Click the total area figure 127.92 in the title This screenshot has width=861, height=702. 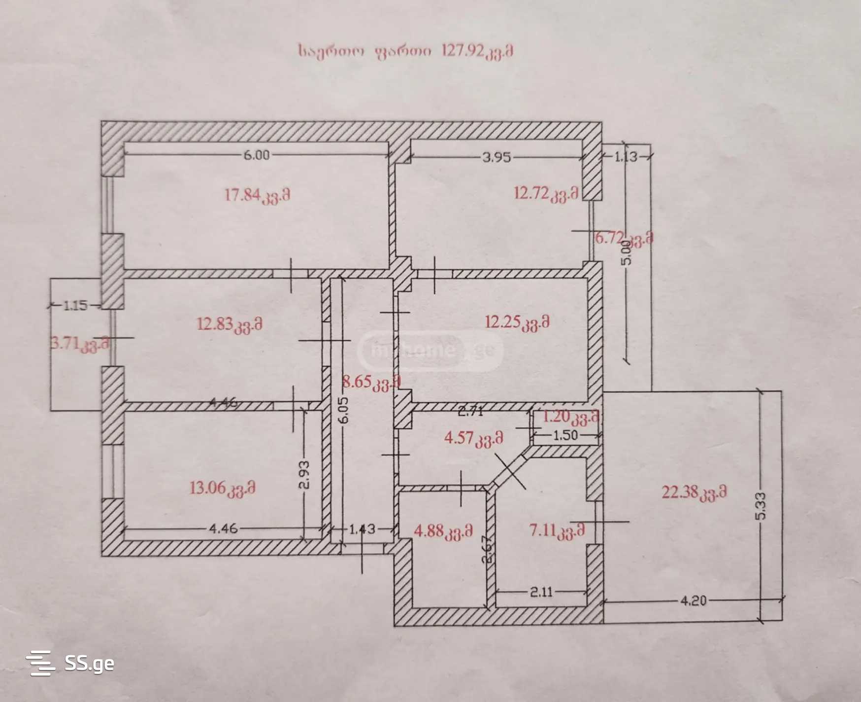[463, 51]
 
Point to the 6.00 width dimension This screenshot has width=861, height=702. [257, 155]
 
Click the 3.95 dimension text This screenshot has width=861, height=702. [497, 157]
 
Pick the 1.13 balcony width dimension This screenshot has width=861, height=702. [626, 157]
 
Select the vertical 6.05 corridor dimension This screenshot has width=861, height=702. [344, 410]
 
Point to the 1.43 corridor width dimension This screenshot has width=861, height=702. [362, 529]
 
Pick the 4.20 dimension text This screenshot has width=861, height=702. [693, 600]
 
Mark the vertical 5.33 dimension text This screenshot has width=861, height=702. [761, 506]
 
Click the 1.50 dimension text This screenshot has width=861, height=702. [565, 435]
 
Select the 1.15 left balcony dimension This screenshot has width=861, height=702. [75, 306]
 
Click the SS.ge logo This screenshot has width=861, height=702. [70, 663]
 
